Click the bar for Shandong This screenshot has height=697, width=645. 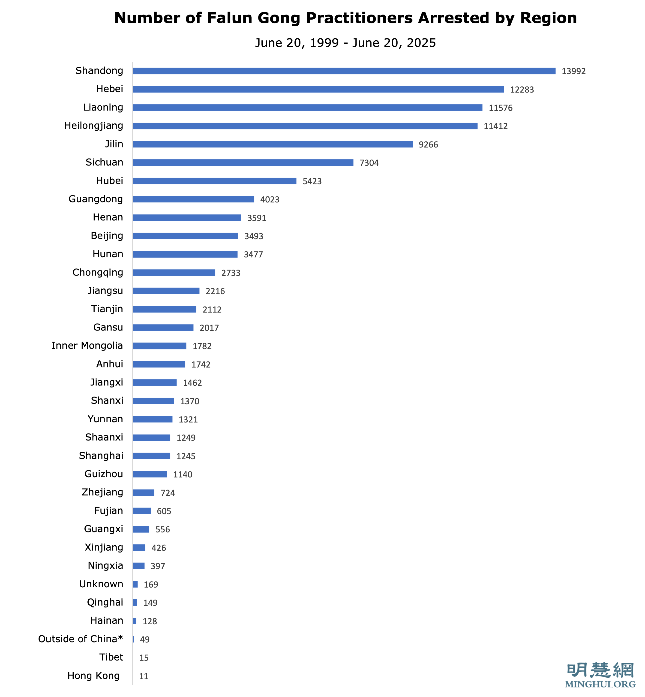(x=344, y=71)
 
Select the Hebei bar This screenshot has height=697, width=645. (x=318, y=89)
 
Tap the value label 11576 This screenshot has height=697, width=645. (x=501, y=108)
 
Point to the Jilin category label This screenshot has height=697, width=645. (x=114, y=144)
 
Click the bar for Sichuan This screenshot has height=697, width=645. (x=243, y=163)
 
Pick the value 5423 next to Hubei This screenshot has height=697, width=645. (x=312, y=181)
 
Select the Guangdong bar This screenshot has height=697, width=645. (x=193, y=199)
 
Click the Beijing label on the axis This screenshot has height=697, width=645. (x=107, y=236)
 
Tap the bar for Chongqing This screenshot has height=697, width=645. (x=174, y=273)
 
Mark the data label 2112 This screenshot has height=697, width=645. (x=212, y=309)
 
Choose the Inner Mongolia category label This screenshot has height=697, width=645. (x=87, y=345)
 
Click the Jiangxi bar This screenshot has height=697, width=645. (x=155, y=382)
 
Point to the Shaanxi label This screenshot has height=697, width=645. (x=104, y=437)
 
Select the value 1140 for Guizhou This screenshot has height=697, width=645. (x=183, y=474)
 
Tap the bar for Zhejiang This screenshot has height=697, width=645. (x=144, y=493)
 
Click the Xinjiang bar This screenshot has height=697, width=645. (x=139, y=548)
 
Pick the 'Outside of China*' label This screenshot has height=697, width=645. (x=81, y=639)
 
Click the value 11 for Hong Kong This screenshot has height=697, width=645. (x=144, y=676)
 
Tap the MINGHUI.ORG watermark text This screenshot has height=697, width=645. (x=600, y=684)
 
